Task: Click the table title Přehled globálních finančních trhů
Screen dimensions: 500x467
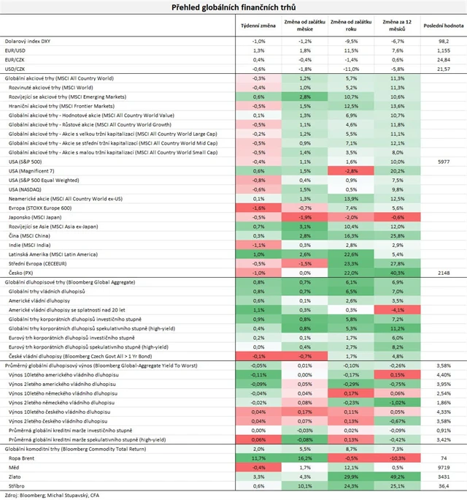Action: tap(233, 7)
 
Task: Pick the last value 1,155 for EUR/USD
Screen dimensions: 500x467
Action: tap(443, 50)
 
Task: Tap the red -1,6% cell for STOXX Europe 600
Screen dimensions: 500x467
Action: tap(258, 207)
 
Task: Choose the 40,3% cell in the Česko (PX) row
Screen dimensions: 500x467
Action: tap(398, 272)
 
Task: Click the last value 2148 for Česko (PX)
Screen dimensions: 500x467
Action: tap(443, 272)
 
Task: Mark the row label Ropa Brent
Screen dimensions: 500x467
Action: tap(23, 457)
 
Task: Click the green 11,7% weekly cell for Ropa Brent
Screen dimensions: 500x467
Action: tap(258, 457)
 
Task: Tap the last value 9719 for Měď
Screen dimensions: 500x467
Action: tap(443, 466)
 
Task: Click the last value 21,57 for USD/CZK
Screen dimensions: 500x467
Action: tap(443, 69)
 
